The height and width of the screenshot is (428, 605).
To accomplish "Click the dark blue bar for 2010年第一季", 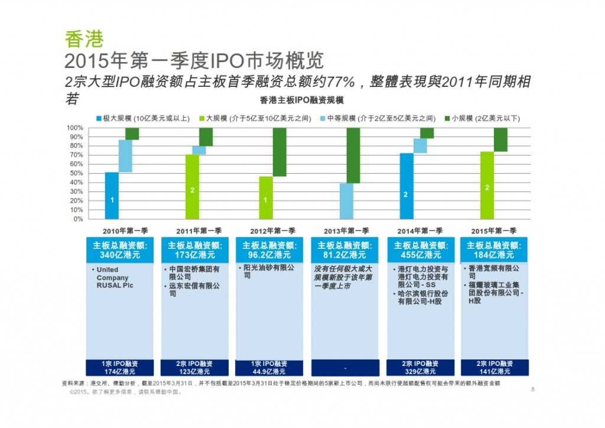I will pos(112,195).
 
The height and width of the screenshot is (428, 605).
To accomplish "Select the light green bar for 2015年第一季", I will pos(487,185).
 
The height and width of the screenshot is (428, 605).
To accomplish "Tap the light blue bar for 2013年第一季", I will pos(346,201).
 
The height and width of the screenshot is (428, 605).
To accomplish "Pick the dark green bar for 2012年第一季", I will pos(279,152).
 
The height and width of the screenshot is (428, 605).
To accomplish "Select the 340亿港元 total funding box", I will pos(120,250).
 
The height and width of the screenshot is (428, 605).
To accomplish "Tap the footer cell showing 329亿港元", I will pos(421,367).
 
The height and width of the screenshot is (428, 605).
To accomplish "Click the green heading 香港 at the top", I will pos(84,39).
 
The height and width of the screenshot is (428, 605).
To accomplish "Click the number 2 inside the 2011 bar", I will pos(192,190).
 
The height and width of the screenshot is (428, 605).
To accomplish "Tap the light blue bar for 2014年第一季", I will pos(420,145).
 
